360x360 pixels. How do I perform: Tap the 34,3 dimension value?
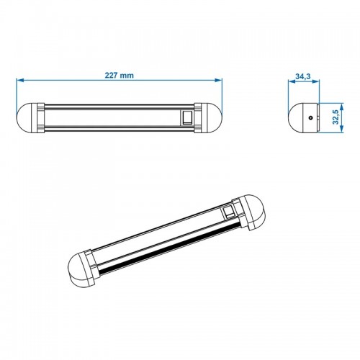point(304,75)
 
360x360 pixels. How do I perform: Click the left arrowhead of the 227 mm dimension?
point(19,81)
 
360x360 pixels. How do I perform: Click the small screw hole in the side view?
point(309,115)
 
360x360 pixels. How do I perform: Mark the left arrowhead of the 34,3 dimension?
point(289,81)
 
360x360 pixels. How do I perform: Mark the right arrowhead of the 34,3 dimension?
point(318,81)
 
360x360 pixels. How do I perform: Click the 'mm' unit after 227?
point(128,75)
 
